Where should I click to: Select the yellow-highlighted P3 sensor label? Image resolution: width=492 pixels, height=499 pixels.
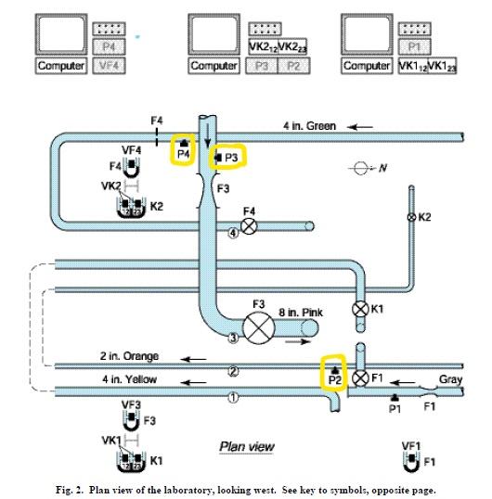coord(228,158)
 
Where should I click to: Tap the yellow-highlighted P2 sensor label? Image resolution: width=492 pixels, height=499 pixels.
coord(334,375)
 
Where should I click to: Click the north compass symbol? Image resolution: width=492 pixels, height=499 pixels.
coord(358,170)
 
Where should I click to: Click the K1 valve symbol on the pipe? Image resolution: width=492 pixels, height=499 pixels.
coord(361,308)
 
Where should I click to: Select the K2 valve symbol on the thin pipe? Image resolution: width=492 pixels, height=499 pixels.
coord(411,217)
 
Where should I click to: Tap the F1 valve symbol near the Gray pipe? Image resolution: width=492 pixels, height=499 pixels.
coord(361,378)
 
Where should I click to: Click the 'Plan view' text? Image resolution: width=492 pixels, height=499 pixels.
coord(246,447)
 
